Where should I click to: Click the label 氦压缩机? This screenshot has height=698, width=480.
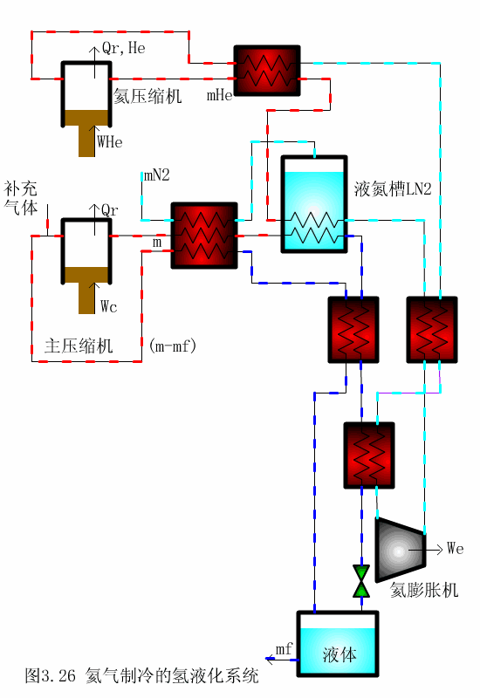coord(147,96)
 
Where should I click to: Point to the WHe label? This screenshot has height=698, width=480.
coord(110,140)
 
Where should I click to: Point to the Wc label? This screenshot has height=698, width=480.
coord(109,306)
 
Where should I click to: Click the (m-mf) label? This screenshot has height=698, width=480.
coord(173,346)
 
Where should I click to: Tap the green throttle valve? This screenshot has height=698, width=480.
coord(360,581)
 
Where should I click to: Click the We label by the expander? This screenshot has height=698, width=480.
coord(455,549)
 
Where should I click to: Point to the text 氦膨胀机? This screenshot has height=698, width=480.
coord(423,591)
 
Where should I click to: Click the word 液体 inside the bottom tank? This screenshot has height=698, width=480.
coord(339,654)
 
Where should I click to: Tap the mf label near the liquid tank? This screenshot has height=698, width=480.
coord(284,649)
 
